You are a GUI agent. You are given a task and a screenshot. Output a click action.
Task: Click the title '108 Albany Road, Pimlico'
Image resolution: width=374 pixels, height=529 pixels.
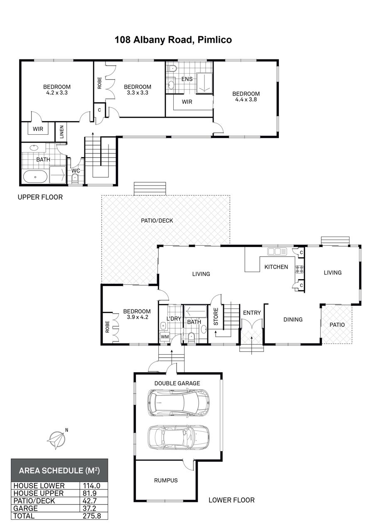coord(173,40)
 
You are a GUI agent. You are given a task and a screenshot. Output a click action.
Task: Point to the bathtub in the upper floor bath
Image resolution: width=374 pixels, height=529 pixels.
coord(35,176)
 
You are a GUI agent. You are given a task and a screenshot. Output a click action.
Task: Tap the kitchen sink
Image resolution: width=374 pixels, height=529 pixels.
coord(277,251)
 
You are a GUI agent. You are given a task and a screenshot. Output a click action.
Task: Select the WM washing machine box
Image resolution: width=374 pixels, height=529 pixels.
coord(165,336)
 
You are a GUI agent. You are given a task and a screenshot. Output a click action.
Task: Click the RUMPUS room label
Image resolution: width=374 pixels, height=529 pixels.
coord(166,480)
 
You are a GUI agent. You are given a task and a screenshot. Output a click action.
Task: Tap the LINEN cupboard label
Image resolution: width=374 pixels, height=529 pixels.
coord(62,132)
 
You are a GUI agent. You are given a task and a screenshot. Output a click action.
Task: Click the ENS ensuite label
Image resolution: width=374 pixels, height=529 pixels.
coord(187,79)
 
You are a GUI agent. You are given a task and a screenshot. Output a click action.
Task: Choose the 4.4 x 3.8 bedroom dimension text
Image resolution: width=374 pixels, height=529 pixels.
coord(246,99)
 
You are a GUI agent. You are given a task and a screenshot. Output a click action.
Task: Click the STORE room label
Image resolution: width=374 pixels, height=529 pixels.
coord(216,316)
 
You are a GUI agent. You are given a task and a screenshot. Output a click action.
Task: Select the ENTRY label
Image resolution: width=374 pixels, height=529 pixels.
coord(252,313)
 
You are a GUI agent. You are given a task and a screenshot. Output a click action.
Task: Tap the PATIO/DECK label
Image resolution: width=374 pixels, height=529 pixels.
coord(157,220)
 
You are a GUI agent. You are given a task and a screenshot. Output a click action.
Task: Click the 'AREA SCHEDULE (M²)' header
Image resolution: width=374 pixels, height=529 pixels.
coord(59,470)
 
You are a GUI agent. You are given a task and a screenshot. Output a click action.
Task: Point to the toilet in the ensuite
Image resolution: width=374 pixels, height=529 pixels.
coord(172,68)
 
